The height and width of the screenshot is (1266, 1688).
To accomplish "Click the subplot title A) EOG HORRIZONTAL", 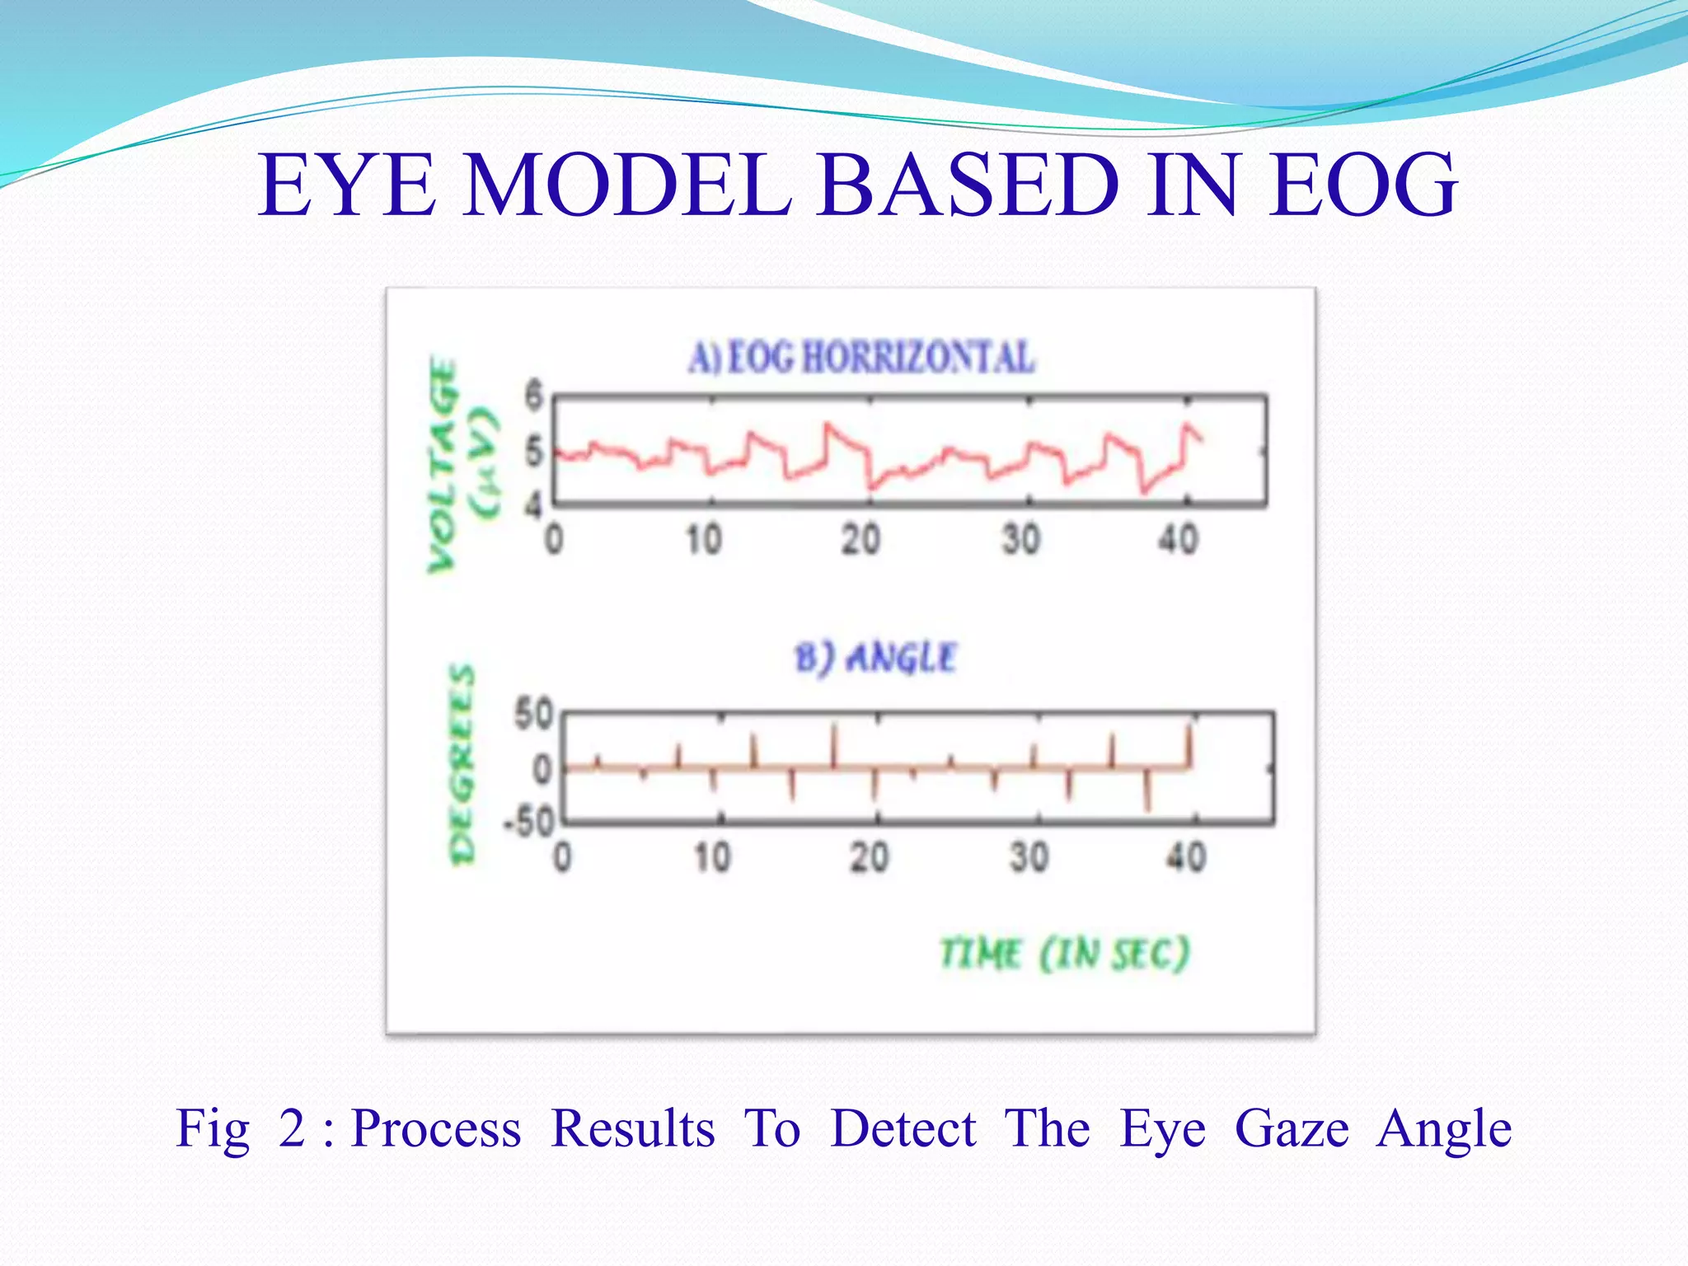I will pyautogui.click(x=860, y=358).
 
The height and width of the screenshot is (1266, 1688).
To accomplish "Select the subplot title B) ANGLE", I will pyautogui.click(x=874, y=658).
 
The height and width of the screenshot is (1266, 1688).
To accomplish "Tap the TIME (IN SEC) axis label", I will pyautogui.click(x=1064, y=954).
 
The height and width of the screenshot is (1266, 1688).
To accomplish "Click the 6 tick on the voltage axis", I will pyautogui.click(x=535, y=395).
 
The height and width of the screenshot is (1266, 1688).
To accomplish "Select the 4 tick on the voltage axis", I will pyautogui.click(x=535, y=504).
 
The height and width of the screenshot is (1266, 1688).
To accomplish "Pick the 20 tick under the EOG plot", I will pyautogui.click(x=860, y=540).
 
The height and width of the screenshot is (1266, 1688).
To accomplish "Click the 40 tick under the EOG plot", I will pyautogui.click(x=1178, y=540).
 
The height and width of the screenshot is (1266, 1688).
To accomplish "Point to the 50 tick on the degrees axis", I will pyautogui.click(x=533, y=714).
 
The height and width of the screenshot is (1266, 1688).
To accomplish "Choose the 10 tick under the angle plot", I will pyautogui.click(x=711, y=857).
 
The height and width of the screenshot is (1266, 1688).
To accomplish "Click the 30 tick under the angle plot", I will pyautogui.click(x=1029, y=857).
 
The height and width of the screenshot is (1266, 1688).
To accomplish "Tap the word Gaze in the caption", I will pyautogui.click(x=1292, y=1128).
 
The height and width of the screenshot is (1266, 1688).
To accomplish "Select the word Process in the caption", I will pyautogui.click(x=436, y=1128).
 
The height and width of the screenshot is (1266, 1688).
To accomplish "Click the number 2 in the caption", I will pyautogui.click(x=292, y=1128).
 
